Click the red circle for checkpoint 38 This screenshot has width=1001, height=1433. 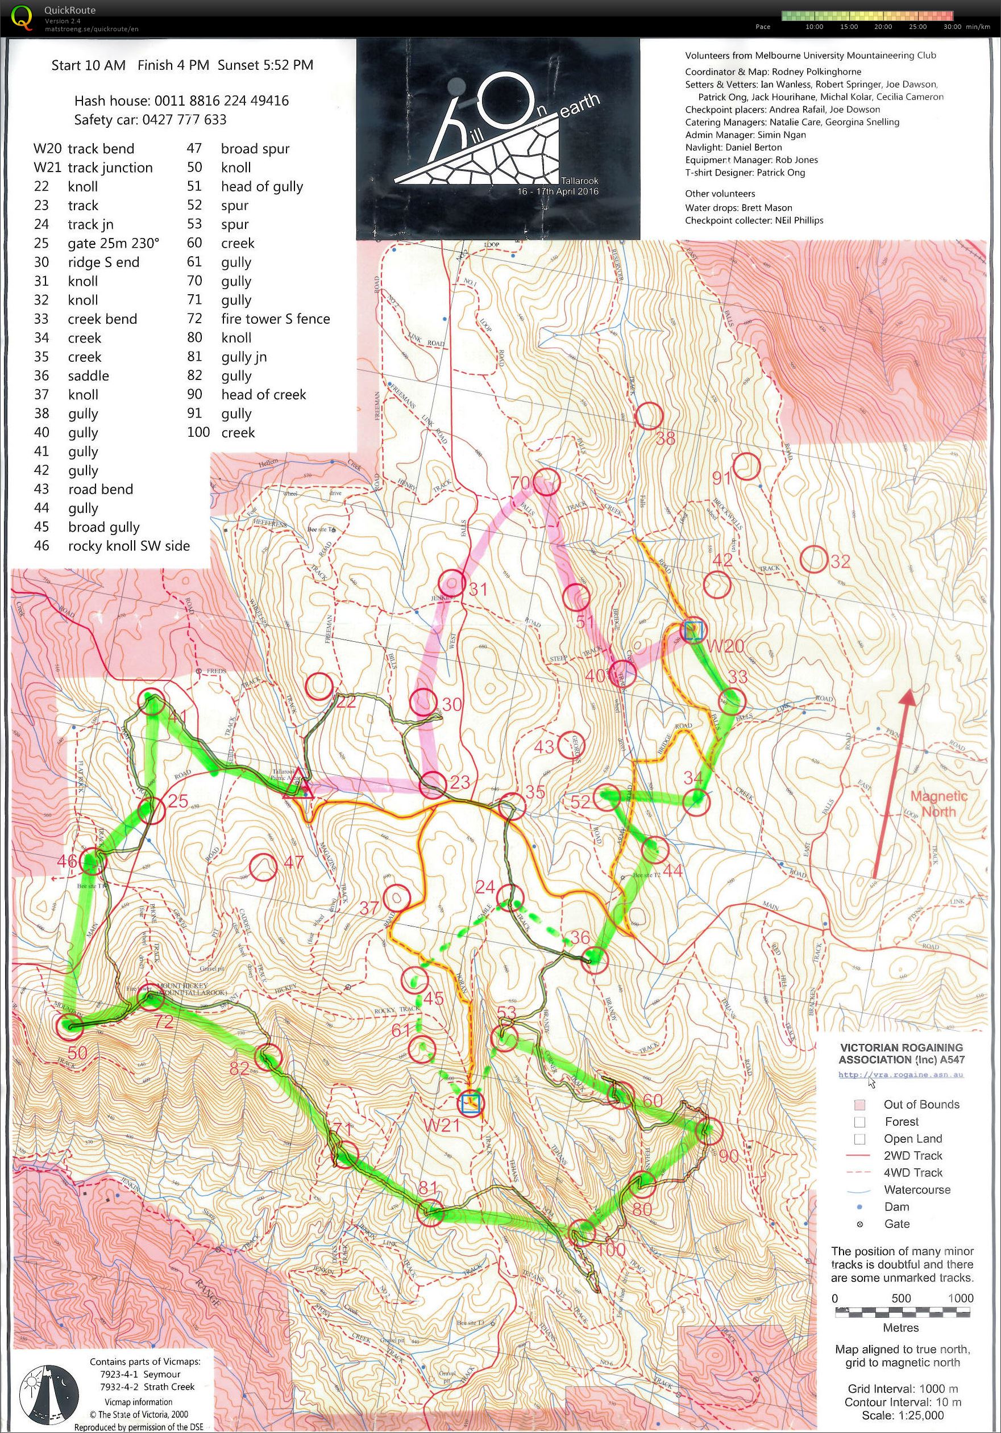pyautogui.click(x=649, y=415)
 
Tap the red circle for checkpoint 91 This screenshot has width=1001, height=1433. pyautogui.click(x=746, y=465)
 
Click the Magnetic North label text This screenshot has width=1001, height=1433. pyautogui.click(x=938, y=803)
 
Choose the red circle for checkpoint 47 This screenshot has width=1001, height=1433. pyautogui.click(x=263, y=867)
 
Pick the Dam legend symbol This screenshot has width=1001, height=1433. pyautogui.click(x=860, y=1206)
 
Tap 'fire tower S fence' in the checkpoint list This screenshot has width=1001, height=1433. pyautogui.click(x=275, y=319)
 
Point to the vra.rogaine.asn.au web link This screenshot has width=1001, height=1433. pyautogui.click(x=900, y=1075)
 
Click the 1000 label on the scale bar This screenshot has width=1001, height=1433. pyautogui.click(x=960, y=1298)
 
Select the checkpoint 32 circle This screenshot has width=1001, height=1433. pyautogui.click(x=815, y=559)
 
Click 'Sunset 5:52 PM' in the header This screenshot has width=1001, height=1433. pyautogui.click(x=265, y=65)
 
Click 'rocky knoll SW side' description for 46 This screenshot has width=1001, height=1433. pyautogui.click(x=128, y=546)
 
